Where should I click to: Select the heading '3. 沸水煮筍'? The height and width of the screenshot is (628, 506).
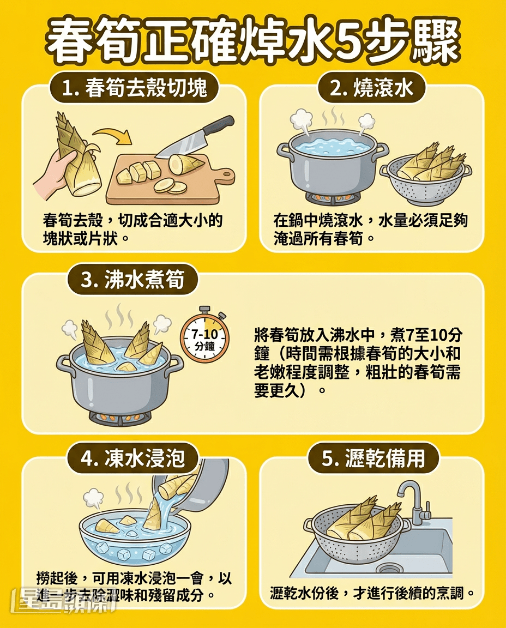click(x=132, y=280)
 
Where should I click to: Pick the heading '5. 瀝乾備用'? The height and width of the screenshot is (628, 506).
click(x=373, y=458)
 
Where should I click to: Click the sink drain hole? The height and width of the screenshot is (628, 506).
click(x=390, y=569)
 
